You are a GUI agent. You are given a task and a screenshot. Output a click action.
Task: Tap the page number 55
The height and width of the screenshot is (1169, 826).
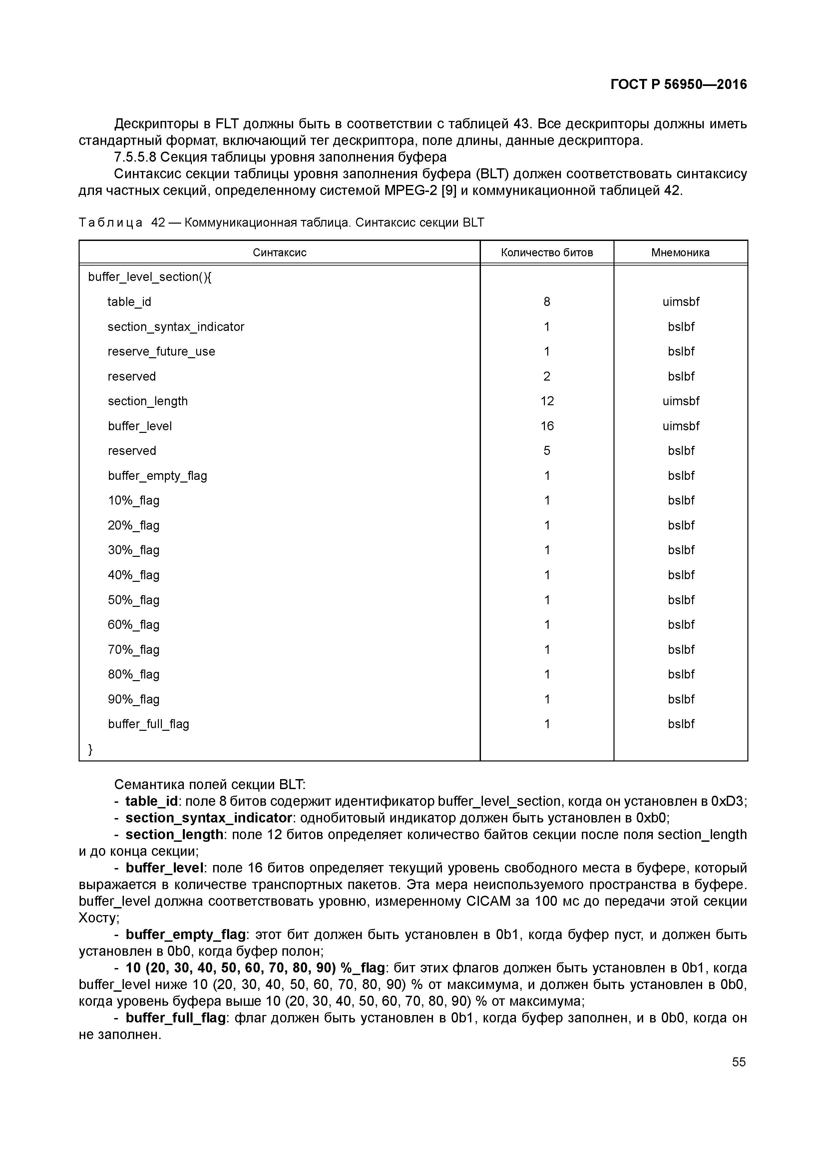738,1062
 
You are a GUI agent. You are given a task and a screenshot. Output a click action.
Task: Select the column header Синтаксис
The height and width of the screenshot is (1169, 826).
279,253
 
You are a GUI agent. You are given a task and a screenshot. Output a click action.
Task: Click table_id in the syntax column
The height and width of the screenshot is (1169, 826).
129,302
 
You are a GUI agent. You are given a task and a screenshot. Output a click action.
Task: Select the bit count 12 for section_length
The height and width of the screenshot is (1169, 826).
547,401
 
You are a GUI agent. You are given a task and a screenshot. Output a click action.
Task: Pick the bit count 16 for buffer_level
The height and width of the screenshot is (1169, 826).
547,426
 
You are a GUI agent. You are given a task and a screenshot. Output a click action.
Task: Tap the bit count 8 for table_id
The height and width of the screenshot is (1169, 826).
547,302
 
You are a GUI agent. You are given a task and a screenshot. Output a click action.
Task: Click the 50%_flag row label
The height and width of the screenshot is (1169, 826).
133,600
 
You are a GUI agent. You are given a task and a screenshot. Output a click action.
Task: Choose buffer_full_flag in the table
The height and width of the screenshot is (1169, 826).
148,724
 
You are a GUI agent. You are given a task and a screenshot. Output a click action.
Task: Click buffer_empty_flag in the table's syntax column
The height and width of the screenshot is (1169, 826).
157,476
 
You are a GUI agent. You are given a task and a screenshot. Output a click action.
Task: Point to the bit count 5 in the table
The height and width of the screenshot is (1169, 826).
547,451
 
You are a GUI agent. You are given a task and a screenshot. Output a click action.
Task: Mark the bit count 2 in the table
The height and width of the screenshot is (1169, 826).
547,377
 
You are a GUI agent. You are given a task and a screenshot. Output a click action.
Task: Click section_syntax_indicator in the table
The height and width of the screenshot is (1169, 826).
176,327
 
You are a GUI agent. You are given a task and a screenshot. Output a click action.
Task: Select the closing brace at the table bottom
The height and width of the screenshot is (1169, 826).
91,749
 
